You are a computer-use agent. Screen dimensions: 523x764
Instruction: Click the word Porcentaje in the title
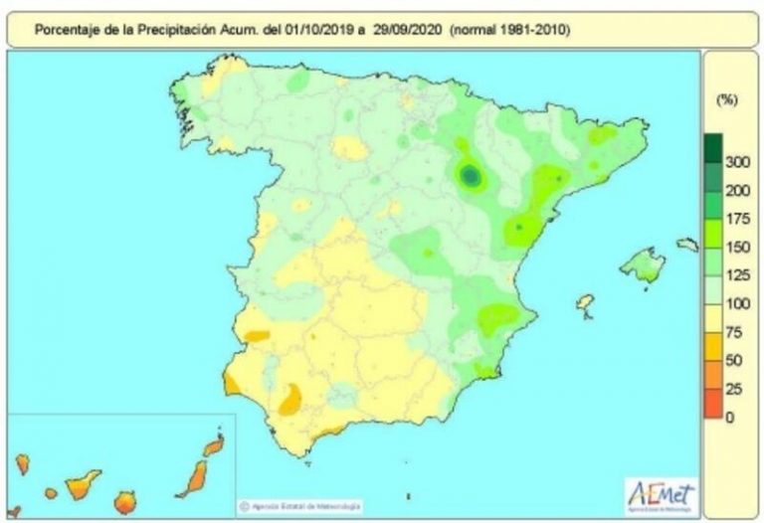pyautogui.click(x=67, y=30)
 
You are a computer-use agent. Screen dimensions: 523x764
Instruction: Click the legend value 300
pyautogui.click(x=738, y=162)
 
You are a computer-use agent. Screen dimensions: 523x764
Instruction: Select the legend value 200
pyautogui.click(x=738, y=190)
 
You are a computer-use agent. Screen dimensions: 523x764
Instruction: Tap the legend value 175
pyautogui.click(x=738, y=218)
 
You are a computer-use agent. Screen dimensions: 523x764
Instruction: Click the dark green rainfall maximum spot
pyautogui.click(x=471, y=177)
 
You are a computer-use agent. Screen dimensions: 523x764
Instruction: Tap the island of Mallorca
pyautogui.click(x=643, y=265)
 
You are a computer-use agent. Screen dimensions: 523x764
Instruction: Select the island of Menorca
pyautogui.click(x=687, y=244)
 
